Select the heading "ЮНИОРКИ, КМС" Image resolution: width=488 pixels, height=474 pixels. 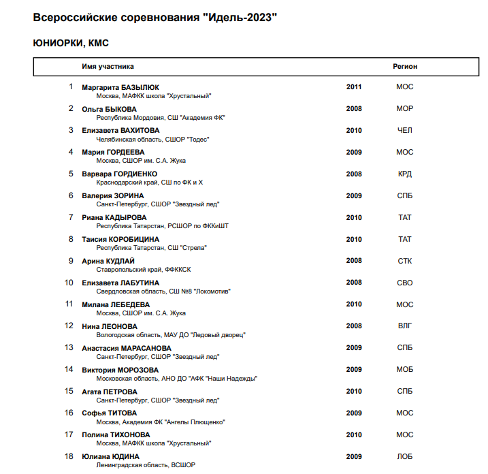click(x=71, y=43)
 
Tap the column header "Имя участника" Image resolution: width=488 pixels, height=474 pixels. click(x=108, y=67)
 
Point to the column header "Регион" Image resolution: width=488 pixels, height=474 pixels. click(x=405, y=67)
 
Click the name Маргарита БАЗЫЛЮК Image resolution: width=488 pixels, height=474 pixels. click(x=120, y=87)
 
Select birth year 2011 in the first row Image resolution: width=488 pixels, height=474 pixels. click(x=354, y=87)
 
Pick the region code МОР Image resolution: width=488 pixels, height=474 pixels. click(x=405, y=109)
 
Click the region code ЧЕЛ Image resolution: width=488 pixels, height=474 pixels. click(x=405, y=131)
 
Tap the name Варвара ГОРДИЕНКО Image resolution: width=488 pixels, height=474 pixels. click(x=119, y=174)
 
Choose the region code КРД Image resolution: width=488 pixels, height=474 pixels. click(x=405, y=174)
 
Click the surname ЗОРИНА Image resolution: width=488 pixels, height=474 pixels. click(x=129, y=196)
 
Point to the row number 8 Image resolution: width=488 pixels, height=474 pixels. click(x=71, y=239)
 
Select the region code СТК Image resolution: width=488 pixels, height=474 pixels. click(x=405, y=261)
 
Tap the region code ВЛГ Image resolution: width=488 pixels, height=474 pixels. click(x=405, y=326)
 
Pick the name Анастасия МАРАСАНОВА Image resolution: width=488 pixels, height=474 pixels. click(x=127, y=348)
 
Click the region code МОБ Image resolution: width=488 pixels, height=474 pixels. click(x=405, y=370)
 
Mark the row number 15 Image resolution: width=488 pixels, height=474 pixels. click(x=69, y=391)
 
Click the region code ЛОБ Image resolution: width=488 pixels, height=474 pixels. click(x=405, y=457)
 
